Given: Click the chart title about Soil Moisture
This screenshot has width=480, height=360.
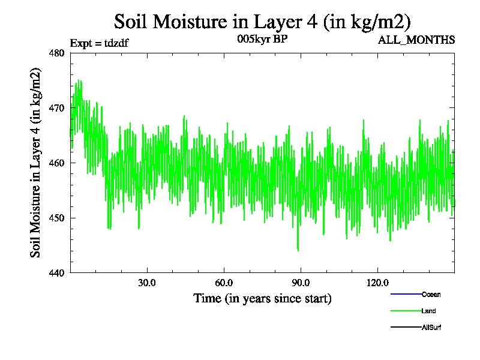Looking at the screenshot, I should pos(262,22).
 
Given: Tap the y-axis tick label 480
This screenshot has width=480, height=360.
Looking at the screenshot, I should pos(57,53).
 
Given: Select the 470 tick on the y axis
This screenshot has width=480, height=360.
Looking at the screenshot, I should pos(57,108).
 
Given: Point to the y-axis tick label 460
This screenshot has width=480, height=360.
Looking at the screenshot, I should pos(57,163).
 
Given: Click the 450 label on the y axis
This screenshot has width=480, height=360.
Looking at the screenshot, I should pos(57,218).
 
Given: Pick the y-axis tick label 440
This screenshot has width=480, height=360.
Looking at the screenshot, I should pos(57,273).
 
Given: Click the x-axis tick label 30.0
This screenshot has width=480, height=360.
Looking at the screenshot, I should pos(147,283).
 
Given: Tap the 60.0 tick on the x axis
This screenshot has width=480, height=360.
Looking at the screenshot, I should pos(224,283).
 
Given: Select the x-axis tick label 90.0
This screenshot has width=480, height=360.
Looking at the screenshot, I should pos(301,283).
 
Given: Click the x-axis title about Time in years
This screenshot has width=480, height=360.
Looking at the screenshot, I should pos(262,298).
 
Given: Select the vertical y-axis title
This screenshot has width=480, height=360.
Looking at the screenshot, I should pos(36,163).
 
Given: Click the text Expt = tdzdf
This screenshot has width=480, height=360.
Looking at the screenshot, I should pos(100,43).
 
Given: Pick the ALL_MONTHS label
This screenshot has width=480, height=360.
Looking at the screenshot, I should pos(416,40).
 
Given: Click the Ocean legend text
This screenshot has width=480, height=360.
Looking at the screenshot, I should pos(431,295).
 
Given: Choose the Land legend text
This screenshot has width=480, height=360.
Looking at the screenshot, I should pos(428,311).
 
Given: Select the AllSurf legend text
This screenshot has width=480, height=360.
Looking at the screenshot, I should pos(431,327).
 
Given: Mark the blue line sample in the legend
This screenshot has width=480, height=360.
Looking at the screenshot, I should pos(405,295).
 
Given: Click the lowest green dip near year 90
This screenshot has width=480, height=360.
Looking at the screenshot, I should pos(298,250).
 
